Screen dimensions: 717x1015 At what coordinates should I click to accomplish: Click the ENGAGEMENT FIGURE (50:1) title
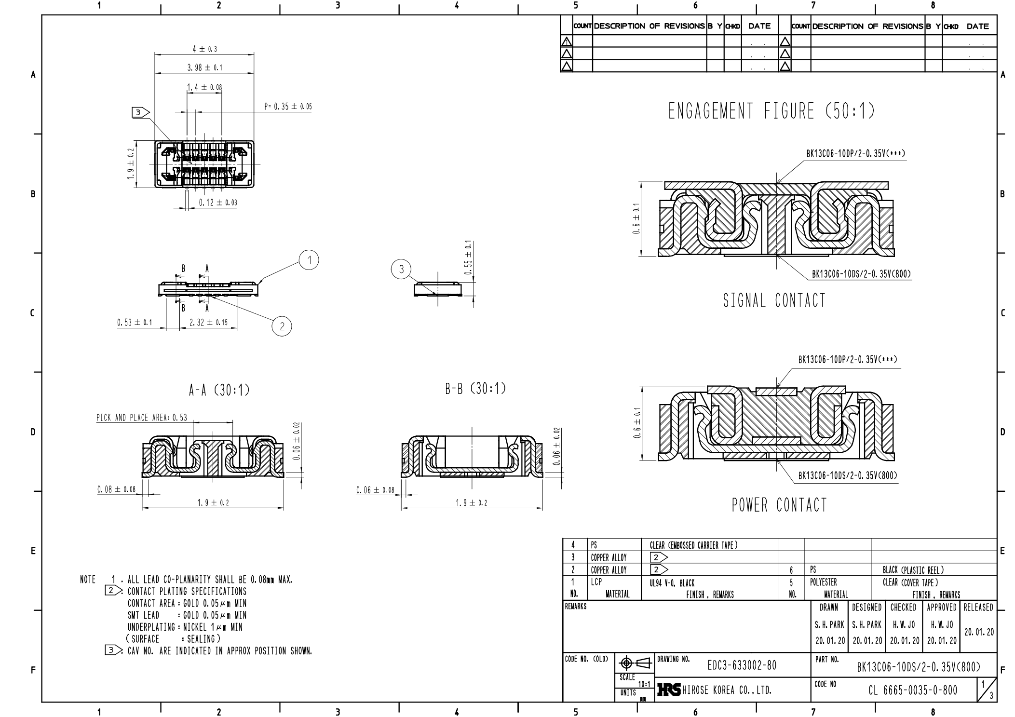[x=771, y=111]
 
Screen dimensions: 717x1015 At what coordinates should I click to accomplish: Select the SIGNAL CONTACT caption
[x=774, y=300]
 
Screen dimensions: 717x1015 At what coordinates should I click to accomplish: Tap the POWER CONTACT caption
[x=779, y=505]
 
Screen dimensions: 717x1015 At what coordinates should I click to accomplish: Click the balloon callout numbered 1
[x=309, y=260]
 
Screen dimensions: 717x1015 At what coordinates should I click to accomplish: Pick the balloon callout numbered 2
[x=282, y=326]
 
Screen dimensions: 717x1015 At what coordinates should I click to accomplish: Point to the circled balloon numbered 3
[x=401, y=269]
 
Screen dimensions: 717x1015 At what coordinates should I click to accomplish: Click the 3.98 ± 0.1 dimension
[x=205, y=68]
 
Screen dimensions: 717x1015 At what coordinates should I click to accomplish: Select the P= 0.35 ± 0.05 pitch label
[x=288, y=107]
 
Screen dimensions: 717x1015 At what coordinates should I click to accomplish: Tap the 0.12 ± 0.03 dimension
[x=218, y=203]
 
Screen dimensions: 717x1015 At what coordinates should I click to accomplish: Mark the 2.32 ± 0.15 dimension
[x=208, y=323]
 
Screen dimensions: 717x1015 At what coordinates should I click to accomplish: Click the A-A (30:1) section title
[x=219, y=390]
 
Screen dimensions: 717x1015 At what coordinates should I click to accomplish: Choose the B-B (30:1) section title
[x=475, y=388]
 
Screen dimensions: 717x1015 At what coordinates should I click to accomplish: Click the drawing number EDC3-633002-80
[x=742, y=666]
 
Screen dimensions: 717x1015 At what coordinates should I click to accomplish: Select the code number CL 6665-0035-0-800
[x=913, y=690]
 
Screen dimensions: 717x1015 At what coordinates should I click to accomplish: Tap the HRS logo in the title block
[x=668, y=690]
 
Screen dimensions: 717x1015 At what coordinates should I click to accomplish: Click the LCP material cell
[x=596, y=582]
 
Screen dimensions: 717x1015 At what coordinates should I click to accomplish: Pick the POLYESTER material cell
[x=823, y=582]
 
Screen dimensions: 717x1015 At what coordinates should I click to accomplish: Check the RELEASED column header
[x=978, y=608]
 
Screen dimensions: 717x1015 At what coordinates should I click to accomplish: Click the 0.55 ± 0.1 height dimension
[x=468, y=257]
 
